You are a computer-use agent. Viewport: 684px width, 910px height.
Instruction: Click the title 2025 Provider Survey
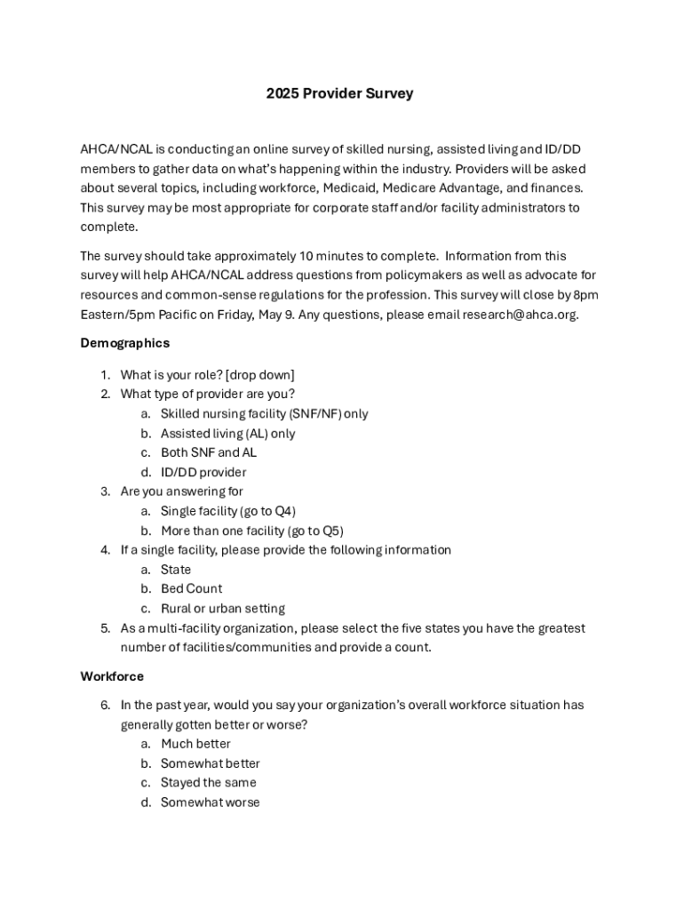339,93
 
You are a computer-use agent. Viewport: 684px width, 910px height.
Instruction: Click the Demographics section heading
124,342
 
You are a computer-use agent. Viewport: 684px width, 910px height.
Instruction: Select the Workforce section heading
112,676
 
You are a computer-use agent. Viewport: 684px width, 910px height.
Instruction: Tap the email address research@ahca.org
520,314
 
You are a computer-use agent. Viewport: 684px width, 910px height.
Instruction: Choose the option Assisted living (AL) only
227,434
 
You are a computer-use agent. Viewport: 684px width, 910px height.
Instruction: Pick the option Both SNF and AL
209,452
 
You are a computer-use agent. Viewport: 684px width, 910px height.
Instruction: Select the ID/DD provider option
203,472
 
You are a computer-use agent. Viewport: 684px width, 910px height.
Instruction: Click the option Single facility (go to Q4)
228,511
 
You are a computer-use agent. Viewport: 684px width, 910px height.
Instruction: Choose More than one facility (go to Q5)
251,531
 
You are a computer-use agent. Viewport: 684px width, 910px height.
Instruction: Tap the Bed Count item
191,588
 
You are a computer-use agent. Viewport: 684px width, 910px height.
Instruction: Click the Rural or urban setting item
222,609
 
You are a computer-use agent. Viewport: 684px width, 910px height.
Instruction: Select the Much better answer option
195,744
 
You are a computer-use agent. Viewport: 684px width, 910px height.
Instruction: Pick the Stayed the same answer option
208,782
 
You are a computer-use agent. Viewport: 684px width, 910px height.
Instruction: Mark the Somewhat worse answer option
210,802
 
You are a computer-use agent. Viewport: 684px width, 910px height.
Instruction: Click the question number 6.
104,705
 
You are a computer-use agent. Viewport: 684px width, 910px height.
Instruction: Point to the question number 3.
104,491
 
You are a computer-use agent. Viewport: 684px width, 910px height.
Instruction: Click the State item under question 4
176,570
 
